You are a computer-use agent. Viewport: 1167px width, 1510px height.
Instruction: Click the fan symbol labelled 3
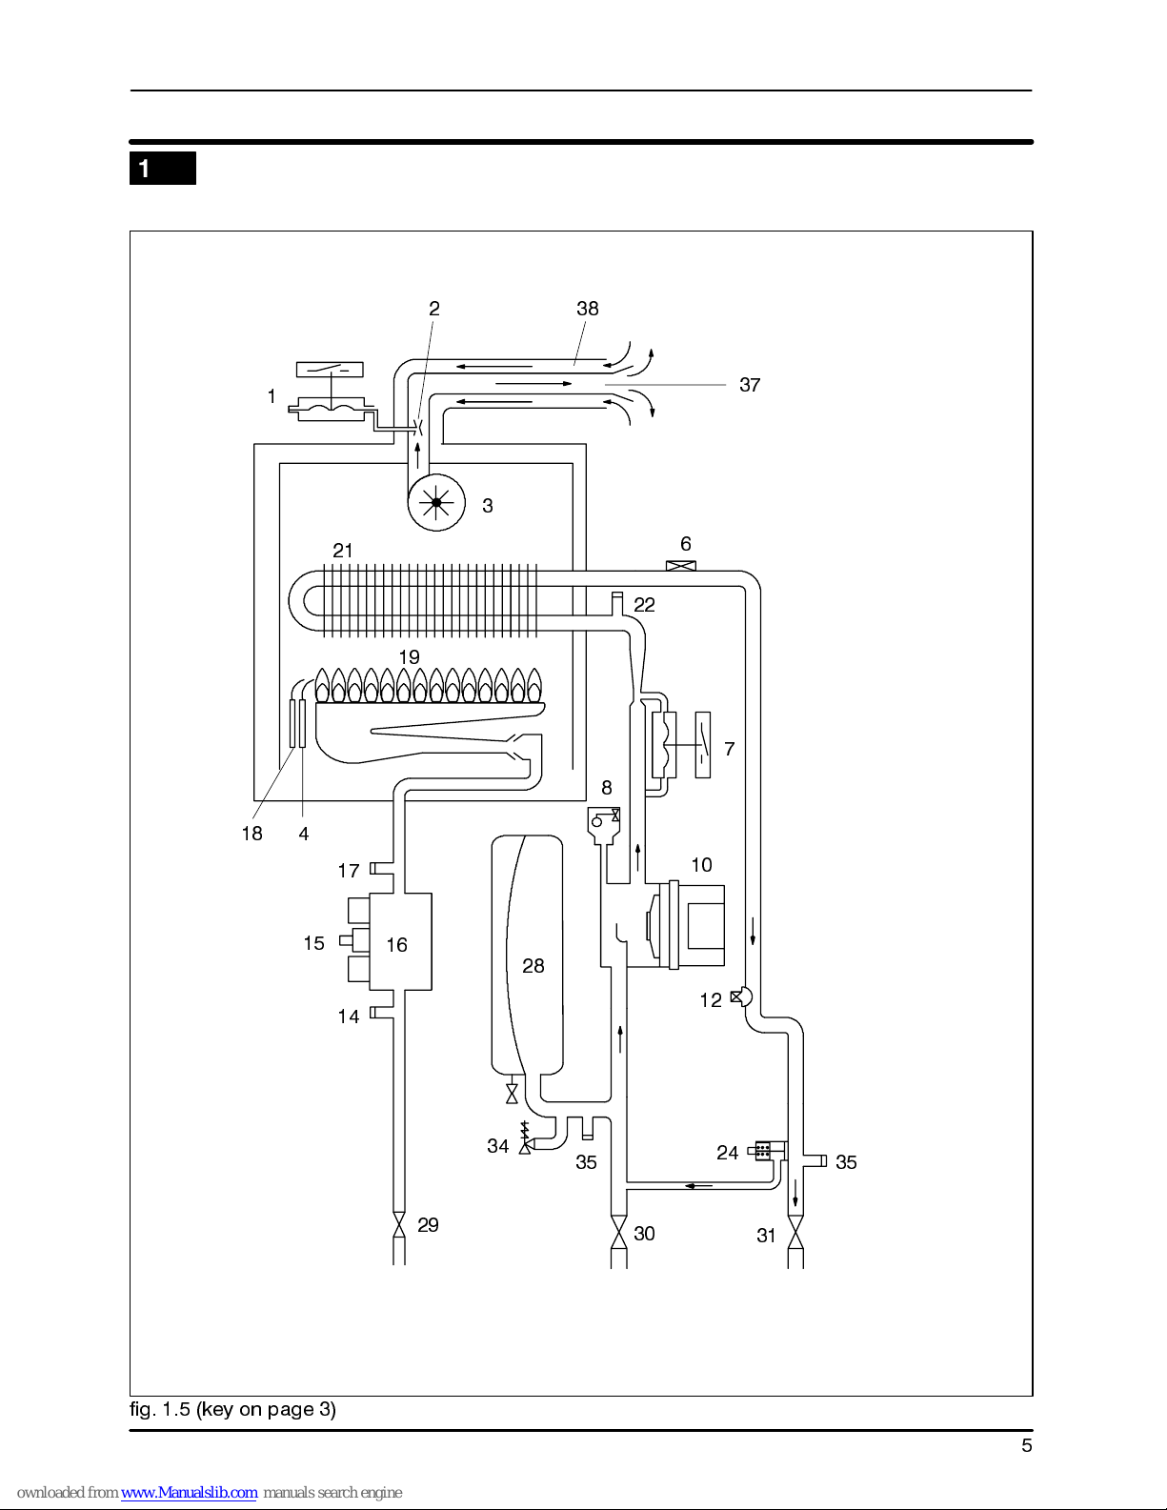point(436,502)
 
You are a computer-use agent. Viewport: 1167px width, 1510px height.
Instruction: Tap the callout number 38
point(587,309)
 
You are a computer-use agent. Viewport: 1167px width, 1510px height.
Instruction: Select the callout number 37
point(750,385)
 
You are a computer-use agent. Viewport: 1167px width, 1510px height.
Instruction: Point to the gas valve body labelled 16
point(400,941)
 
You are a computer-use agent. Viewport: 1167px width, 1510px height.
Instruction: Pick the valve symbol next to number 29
point(399,1224)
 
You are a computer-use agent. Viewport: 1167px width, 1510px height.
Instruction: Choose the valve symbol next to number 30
point(618,1233)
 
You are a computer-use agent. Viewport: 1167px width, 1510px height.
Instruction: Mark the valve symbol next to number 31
point(795,1233)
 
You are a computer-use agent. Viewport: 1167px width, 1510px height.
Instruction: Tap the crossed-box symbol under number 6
point(681,566)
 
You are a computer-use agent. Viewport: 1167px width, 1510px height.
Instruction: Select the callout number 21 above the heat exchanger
point(343,551)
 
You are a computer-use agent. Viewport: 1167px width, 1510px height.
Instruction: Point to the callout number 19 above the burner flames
point(409,656)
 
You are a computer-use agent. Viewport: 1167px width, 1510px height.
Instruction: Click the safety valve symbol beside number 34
point(525,1138)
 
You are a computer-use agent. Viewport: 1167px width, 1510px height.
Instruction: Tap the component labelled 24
point(763,1151)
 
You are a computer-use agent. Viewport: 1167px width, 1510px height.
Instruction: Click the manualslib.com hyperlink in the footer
point(189,1492)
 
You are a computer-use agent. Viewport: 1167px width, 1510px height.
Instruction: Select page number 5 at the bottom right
point(1027,1445)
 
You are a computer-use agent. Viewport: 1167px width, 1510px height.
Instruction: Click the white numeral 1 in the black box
point(145,169)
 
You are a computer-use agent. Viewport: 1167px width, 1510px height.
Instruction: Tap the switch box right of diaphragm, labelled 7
point(702,745)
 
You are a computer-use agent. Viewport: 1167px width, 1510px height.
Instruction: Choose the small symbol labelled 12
point(741,997)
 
